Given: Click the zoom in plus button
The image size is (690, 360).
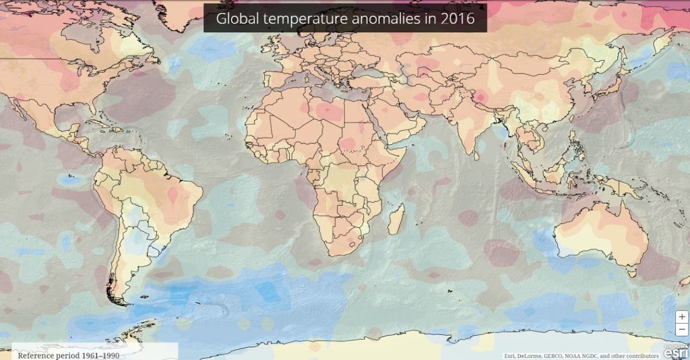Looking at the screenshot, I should tap(682, 316).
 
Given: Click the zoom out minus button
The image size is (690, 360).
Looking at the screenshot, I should tap(682, 328).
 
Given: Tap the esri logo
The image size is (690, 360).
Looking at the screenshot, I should tap(676, 352).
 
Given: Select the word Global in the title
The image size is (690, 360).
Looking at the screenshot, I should tap(235, 19).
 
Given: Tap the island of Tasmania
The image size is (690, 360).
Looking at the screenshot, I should tap(631, 273).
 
